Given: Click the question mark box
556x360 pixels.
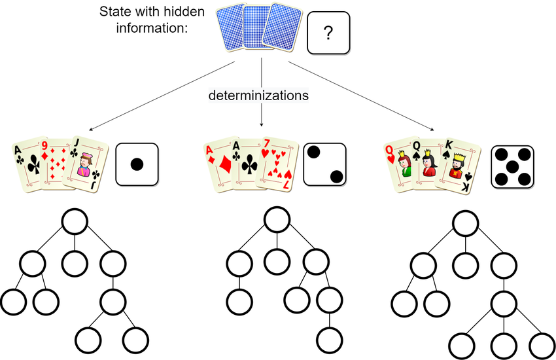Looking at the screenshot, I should (x=328, y=31).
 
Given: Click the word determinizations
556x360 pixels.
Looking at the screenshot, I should (x=259, y=96).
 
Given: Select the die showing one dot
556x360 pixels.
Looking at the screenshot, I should (x=137, y=164).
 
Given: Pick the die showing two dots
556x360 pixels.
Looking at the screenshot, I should (x=325, y=164).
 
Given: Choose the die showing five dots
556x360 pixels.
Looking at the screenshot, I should (x=513, y=164).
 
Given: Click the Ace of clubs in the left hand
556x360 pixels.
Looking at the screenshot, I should (x=28, y=167).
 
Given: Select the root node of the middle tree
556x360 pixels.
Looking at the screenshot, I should (x=277, y=221).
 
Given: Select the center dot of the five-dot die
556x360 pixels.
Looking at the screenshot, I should (x=513, y=164).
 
